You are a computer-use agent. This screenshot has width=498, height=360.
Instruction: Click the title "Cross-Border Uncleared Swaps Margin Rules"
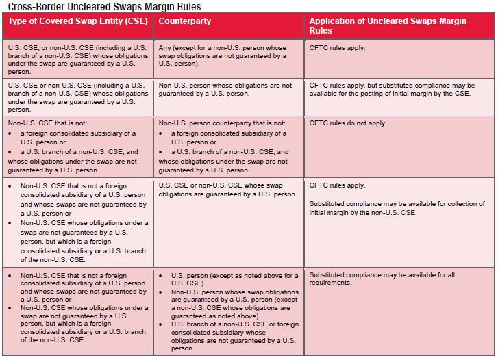(105, 6)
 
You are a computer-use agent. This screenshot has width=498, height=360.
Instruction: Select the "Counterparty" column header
(184, 21)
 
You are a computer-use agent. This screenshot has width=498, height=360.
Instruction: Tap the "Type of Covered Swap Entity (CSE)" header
(78, 21)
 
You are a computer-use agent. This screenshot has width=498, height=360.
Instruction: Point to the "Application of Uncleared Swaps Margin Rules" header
(388, 26)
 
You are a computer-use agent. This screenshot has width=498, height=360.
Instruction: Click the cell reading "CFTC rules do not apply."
(348, 123)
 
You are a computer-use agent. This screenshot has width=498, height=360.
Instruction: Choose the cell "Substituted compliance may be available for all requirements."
(382, 279)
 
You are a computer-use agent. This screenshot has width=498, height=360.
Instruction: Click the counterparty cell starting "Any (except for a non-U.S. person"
(223, 55)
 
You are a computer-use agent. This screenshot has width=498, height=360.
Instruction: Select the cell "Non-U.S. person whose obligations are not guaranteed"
(225, 90)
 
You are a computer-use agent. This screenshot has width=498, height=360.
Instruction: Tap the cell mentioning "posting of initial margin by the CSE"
(392, 90)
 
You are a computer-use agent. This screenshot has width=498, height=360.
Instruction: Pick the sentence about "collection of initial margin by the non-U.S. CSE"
(397, 208)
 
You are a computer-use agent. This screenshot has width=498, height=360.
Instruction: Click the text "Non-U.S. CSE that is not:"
(47, 123)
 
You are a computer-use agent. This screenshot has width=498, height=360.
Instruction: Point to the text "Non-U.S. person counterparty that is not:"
(222, 123)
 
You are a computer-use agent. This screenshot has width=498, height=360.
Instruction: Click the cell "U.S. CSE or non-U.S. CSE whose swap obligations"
(227, 190)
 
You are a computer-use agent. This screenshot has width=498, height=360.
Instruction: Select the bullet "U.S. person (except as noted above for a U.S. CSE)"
(235, 279)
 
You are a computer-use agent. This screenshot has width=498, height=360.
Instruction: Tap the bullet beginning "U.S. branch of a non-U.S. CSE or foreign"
(235, 336)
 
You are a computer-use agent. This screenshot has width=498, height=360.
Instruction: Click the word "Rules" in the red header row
(321, 31)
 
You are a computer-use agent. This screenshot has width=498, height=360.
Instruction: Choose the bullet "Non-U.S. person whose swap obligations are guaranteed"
(235, 304)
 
